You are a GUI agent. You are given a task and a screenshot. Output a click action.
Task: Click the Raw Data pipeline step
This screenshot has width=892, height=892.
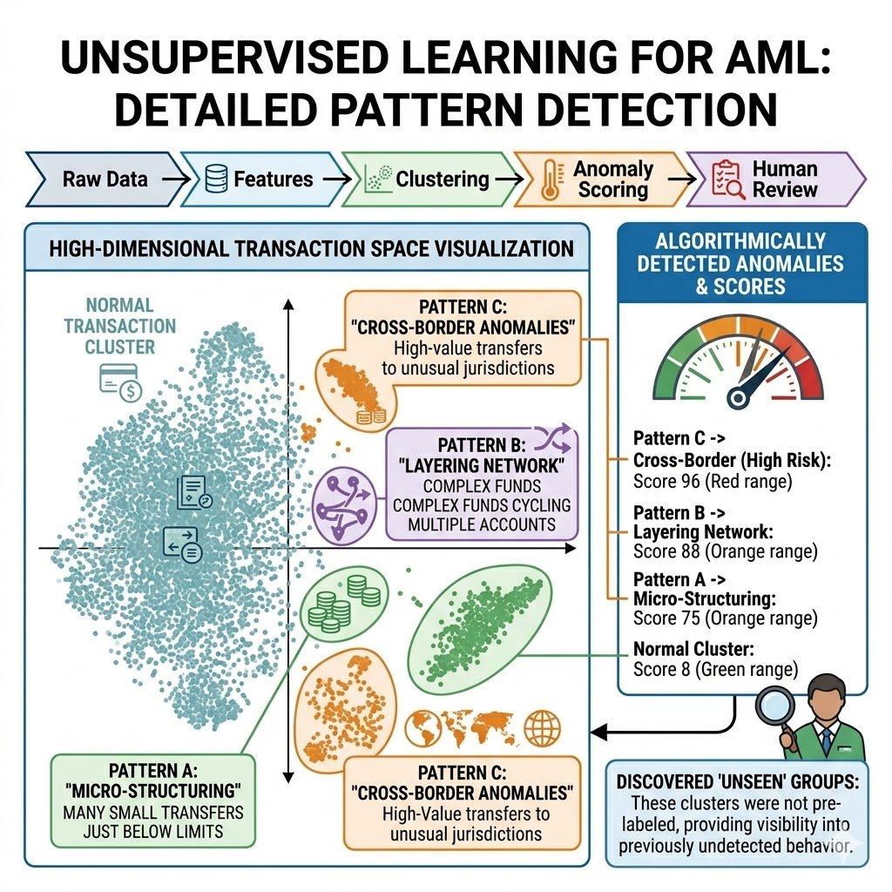pos(105,180)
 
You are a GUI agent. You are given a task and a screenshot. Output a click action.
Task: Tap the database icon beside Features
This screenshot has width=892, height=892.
pos(214,180)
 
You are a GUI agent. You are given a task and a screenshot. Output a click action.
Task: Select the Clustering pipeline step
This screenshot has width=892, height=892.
pos(427,180)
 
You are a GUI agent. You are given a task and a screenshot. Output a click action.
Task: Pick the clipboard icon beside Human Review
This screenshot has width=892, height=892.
pos(722,179)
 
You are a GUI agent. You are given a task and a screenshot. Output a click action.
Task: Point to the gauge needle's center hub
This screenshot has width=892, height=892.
pos(739,397)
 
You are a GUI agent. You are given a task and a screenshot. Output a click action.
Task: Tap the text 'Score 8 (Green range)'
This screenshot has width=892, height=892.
pos(715,670)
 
